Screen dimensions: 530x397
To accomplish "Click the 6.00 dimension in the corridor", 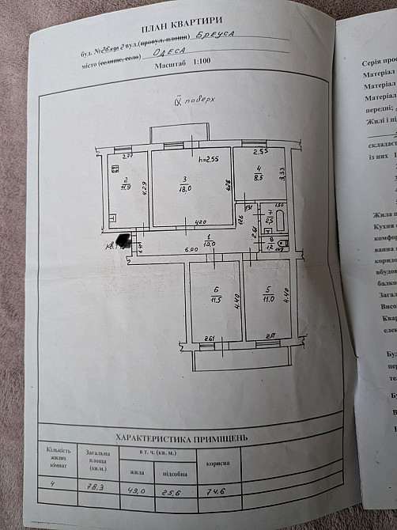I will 169,249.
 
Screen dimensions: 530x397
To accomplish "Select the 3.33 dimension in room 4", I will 282,169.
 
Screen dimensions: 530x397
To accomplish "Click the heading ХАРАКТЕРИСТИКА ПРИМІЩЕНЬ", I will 181,436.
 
